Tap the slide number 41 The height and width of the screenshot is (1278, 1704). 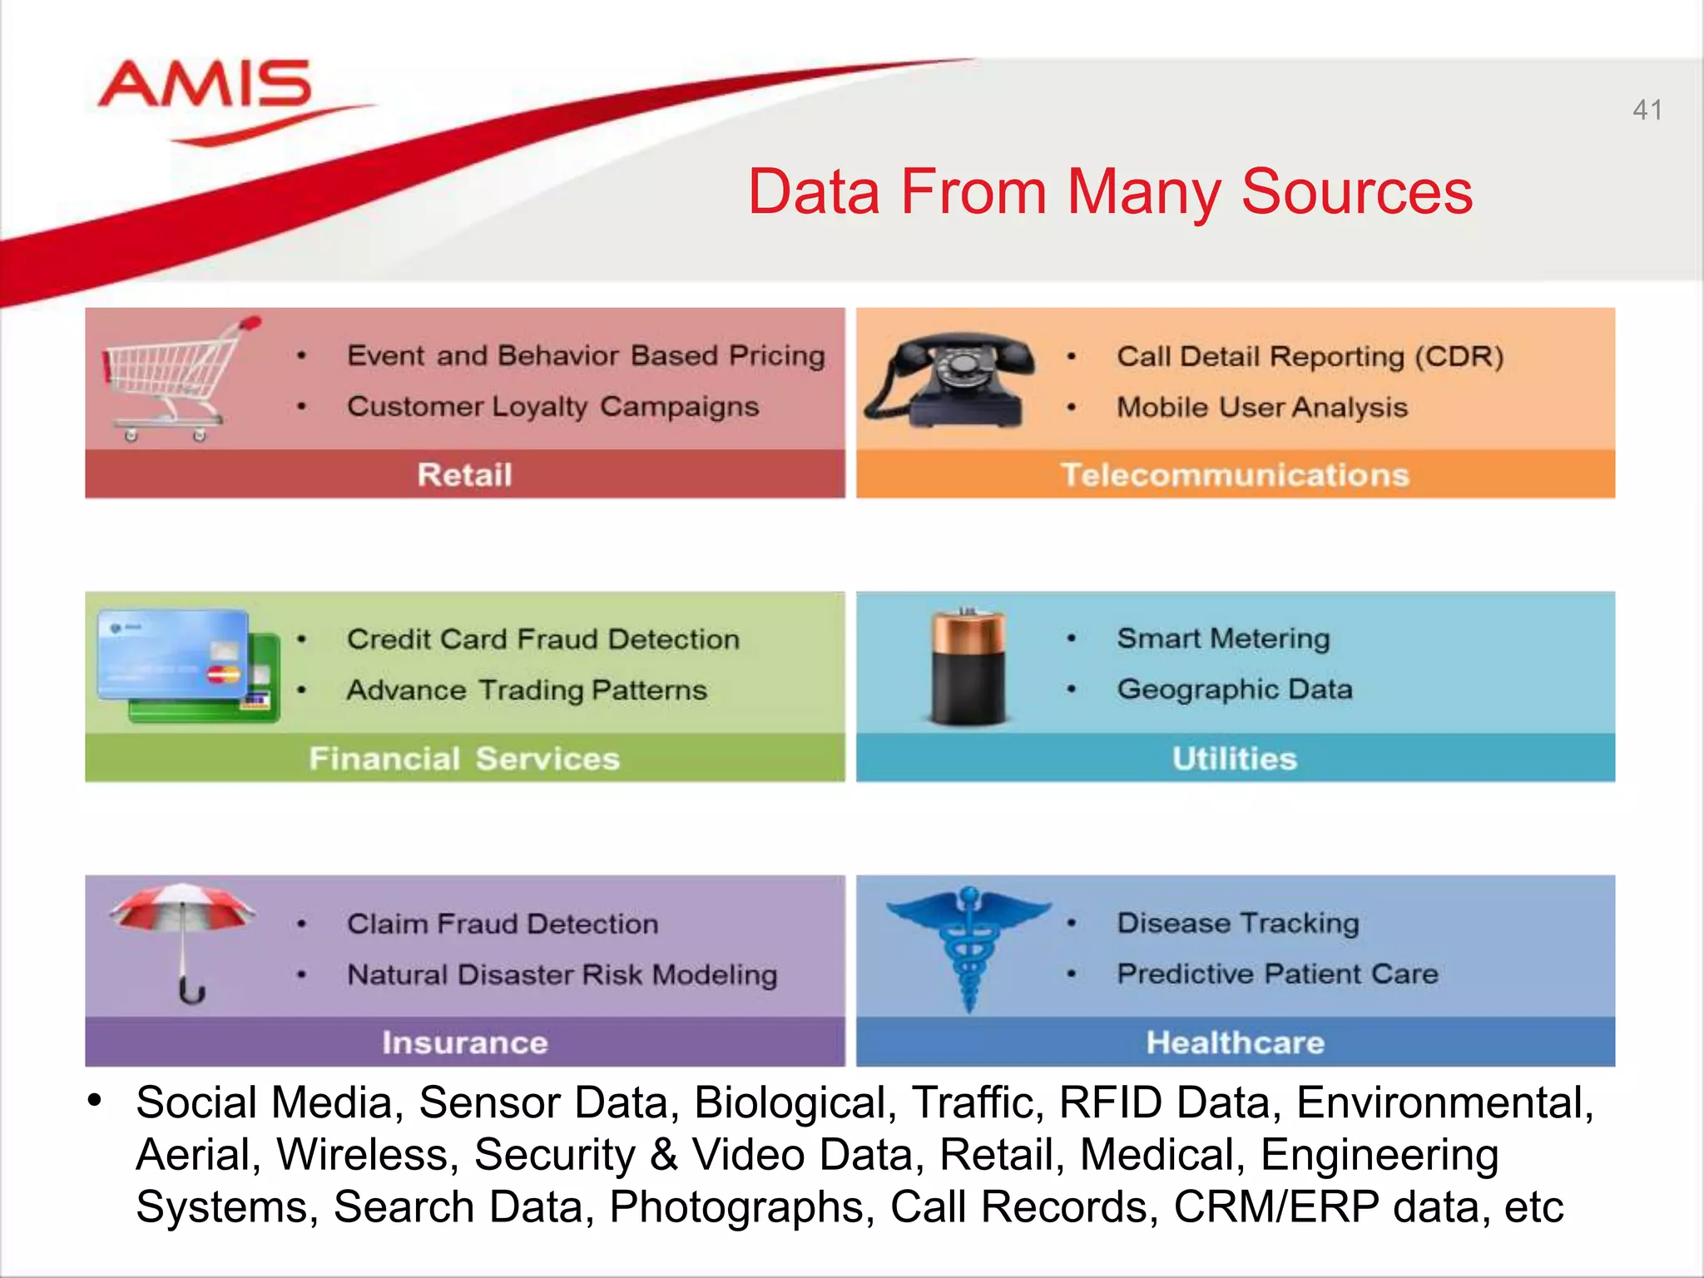pos(1647,110)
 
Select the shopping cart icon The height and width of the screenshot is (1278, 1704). pos(176,379)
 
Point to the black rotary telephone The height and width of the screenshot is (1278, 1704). pos(951,379)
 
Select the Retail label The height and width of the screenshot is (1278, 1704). pos(464,475)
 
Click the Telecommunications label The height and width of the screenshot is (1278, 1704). pos(1235,475)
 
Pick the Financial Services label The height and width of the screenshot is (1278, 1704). pos(464,759)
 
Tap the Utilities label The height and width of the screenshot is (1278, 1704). pos(1235,759)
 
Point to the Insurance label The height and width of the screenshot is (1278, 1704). pos(464,1043)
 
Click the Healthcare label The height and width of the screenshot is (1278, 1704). pos(1235,1043)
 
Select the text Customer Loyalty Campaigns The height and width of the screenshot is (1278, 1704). pos(552,407)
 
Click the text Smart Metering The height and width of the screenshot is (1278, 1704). pos(1223,639)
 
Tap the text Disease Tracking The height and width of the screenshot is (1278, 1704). pos(1238,924)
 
